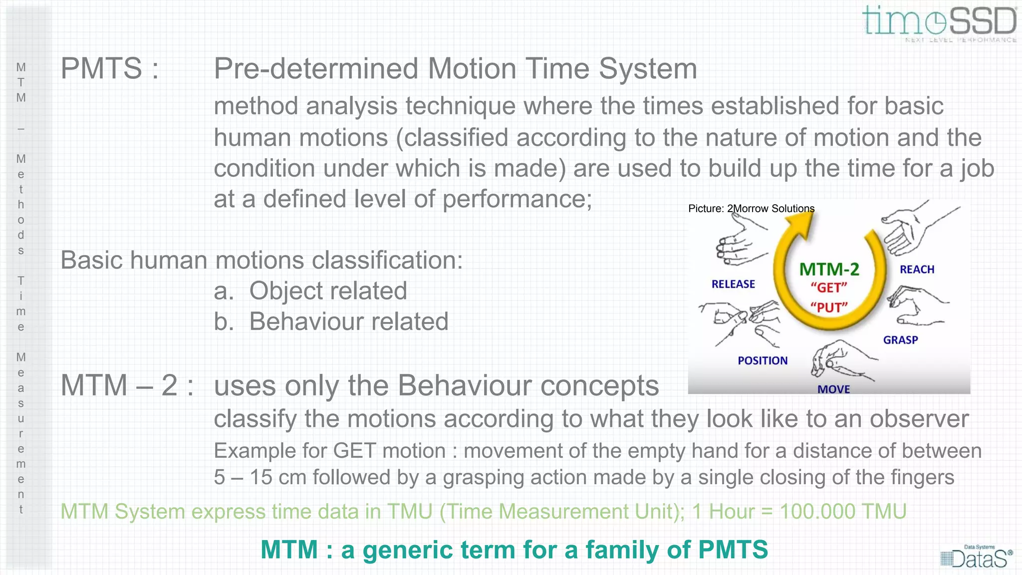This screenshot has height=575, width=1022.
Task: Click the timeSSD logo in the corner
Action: [x=939, y=22]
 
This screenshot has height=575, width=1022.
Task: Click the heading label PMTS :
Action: [x=109, y=69]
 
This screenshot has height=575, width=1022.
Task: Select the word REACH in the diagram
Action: [x=917, y=270]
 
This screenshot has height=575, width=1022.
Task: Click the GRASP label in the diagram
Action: [x=900, y=340]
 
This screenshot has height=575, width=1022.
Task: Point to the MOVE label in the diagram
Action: [x=833, y=389]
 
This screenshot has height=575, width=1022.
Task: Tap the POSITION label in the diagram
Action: [x=763, y=360]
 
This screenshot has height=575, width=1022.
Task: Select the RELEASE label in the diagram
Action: [x=733, y=284]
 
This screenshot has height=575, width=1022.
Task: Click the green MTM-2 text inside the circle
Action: [x=829, y=270]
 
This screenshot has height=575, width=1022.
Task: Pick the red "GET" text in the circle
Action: [x=829, y=288]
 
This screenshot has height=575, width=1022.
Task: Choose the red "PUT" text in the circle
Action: [x=829, y=307]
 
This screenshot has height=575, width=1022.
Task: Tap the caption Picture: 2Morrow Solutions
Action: [x=751, y=209]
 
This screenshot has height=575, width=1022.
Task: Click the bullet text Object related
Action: [x=328, y=291]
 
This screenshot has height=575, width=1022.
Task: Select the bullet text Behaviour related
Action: [x=348, y=321]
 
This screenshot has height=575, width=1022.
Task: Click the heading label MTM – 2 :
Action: [x=127, y=386]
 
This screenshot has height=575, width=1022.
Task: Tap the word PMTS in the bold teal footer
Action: [x=733, y=550]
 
